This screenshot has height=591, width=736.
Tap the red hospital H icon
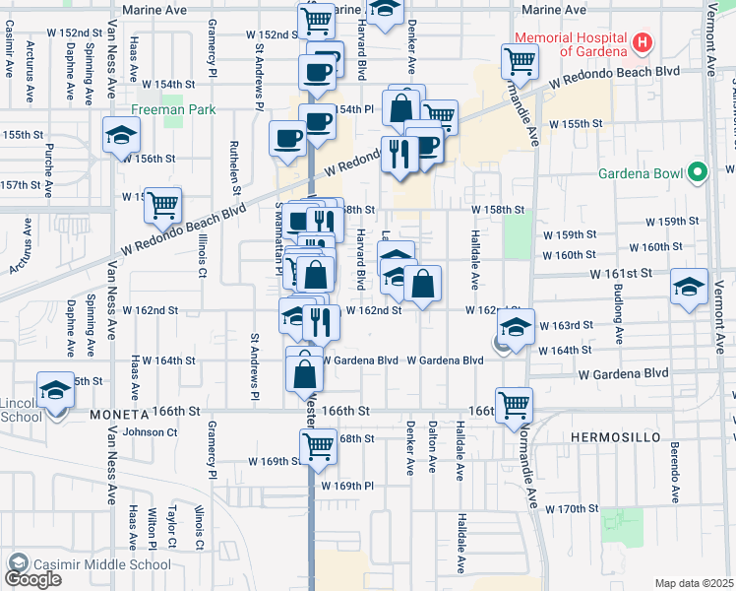[x=643, y=42]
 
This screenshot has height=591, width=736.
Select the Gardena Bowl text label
[x=642, y=174]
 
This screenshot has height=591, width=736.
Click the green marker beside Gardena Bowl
[x=699, y=173]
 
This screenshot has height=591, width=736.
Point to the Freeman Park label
[x=171, y=85]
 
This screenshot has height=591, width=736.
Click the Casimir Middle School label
[x=101, y=565]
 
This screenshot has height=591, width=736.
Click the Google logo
[x=32, y=579]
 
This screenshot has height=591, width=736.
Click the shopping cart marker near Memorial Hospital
[x=519, y=61]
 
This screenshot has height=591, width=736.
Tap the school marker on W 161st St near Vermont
[x=689, y=288]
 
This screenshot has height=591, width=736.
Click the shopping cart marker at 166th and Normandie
[x=514, y=404]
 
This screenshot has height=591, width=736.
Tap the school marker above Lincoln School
[x=55, y=389]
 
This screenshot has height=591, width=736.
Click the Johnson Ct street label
[x=151, y=431]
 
